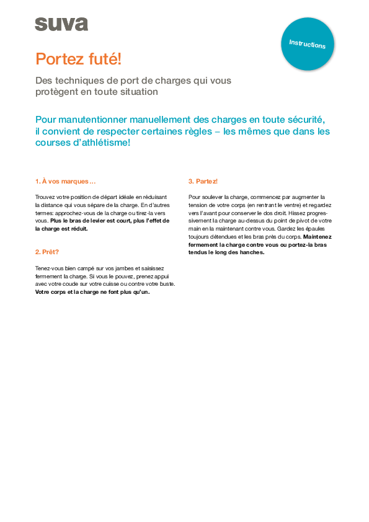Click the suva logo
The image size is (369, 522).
61,24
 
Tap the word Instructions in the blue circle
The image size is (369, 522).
307,44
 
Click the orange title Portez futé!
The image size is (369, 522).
78,59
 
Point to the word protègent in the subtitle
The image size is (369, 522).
60,92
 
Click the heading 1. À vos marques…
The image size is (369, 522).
66,181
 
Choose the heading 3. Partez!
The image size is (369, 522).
203,181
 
